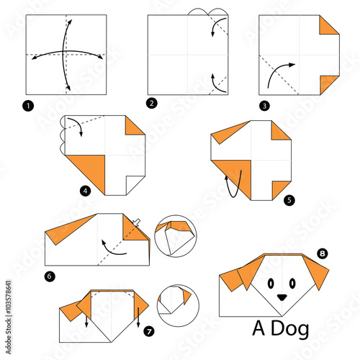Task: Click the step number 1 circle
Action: [28, 106]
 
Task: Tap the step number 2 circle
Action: [152, 104]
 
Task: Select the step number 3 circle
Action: [265, 106]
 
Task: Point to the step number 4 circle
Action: [86, 191]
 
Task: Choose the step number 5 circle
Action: [289, 200]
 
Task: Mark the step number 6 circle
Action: [50, 276]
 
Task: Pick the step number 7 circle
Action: [149, 332]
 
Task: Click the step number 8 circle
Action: [323, 253]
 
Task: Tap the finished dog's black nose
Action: [282, 297]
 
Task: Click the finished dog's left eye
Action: [271, 284]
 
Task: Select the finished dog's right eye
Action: [292, 284]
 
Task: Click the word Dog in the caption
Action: [290, 330]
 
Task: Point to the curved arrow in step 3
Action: [276, 70]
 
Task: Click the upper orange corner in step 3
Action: [329, 24]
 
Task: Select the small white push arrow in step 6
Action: [137, 222]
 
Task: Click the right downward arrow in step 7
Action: [138, 317]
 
